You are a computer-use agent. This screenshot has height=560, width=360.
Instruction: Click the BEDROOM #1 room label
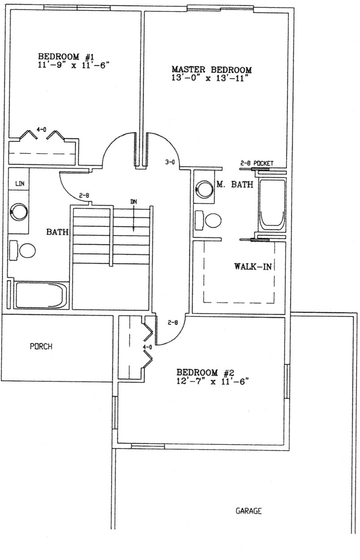[65, 57]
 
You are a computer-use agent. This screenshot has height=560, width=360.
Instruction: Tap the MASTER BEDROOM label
[212, 70]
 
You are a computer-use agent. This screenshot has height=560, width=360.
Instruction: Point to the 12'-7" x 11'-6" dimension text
[213, 381]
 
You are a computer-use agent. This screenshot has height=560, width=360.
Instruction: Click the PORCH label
[41, 346]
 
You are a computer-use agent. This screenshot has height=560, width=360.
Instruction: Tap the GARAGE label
[248, 511]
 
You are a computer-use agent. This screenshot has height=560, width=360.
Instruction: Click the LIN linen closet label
[19, 184]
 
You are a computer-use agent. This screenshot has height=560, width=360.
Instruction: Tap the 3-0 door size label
[169, 162]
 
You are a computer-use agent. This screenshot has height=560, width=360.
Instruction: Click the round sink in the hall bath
[19, 211]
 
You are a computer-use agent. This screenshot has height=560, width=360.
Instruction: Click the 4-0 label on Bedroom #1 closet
[41, 129]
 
